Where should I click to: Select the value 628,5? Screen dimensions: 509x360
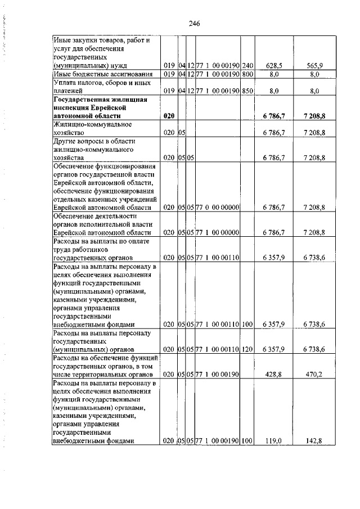[273, 66]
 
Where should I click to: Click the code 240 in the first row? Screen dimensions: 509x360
[247, 66]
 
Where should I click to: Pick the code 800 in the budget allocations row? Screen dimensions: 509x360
[247, 74]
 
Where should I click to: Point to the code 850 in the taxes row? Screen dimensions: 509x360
[247, 90]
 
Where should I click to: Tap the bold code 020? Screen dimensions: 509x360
[169, 115]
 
